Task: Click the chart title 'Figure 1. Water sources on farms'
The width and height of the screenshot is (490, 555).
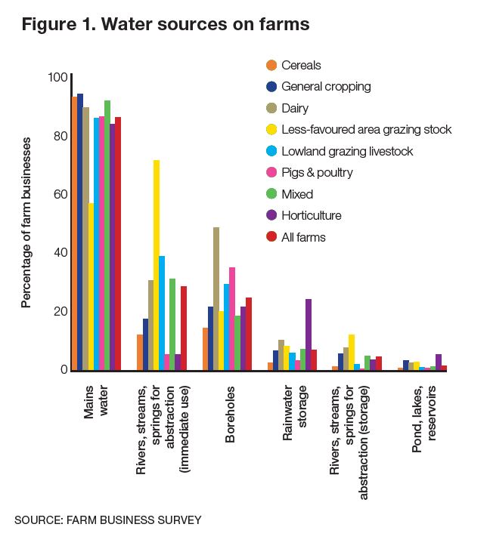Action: (166, 24)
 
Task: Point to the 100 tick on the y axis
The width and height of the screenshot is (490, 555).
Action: (57, 78)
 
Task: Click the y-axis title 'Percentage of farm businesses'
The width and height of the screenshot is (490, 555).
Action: (27, 223)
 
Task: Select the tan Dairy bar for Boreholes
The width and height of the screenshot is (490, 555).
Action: (216, 298)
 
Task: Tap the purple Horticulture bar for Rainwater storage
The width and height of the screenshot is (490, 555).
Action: (308, 335)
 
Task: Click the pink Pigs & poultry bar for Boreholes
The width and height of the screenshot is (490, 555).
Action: (232, 319)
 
